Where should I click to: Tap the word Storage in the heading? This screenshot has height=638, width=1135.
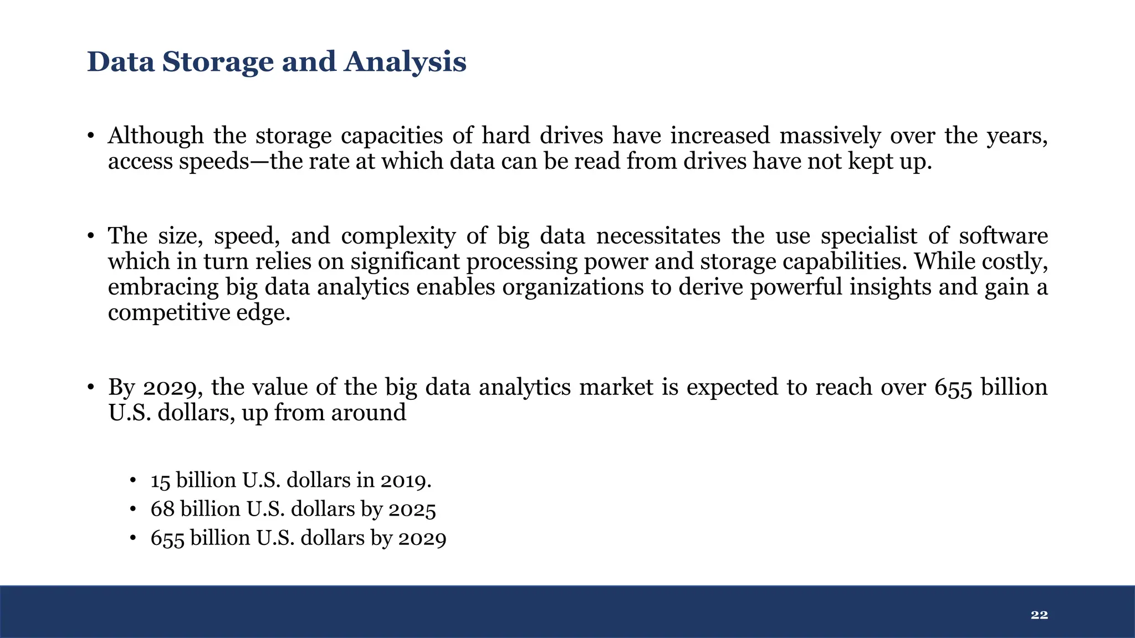tap(218, 62)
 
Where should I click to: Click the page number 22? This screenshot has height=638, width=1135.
tap(1039, 615)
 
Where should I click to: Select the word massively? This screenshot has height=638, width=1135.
tap(831, 136)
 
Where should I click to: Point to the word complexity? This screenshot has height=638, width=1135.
tap(398, 236)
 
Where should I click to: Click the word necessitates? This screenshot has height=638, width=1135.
tap(658, 236)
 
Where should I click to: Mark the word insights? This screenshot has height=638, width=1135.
tap(890, 287)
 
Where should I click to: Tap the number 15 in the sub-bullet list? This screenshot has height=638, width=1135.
tap(160, 480)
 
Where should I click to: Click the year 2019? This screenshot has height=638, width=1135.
tap(405, 480)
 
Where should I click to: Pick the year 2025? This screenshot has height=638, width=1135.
tap(412, 509)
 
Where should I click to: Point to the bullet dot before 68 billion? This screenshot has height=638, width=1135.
tap(132, 510)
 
